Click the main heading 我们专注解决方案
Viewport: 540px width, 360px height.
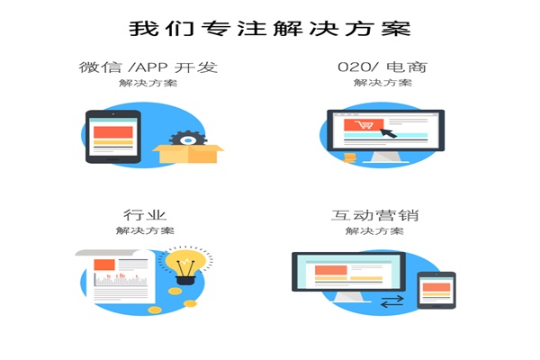click(x=270, y=28)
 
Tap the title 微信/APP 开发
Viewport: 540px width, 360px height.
click(x=148, y=67)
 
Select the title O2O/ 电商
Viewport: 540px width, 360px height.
click(x=382, y=67)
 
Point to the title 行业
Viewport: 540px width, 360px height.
click(x=145, y=215)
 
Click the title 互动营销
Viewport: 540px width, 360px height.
click(x=374, y=215)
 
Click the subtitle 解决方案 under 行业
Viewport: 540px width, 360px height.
click(x=145, y=230)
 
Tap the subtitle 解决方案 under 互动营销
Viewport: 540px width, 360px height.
click(x=374, y=230)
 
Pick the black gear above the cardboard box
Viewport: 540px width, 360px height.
click(x=188, y=139)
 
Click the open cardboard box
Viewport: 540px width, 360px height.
click(x=188, y=154)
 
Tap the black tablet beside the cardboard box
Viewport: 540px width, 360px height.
click(x=113, y=137)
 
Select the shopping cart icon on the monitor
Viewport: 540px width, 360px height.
click(x=364, y=124)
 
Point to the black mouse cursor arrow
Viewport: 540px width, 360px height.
click(x=388, y=132)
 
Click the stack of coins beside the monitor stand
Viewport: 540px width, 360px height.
click(x=349, y=157)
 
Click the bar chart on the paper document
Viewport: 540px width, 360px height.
click(x=121, y=279)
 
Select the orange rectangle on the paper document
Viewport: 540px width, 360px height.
click(x=104, y=265)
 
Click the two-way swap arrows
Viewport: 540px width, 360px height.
click(x=391, y=301)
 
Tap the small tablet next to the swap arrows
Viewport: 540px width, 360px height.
click(x=436, y=290)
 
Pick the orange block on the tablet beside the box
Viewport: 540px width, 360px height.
click(x=113, y=132)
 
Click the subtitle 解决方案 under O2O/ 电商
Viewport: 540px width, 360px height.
click(x=382, y=83)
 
